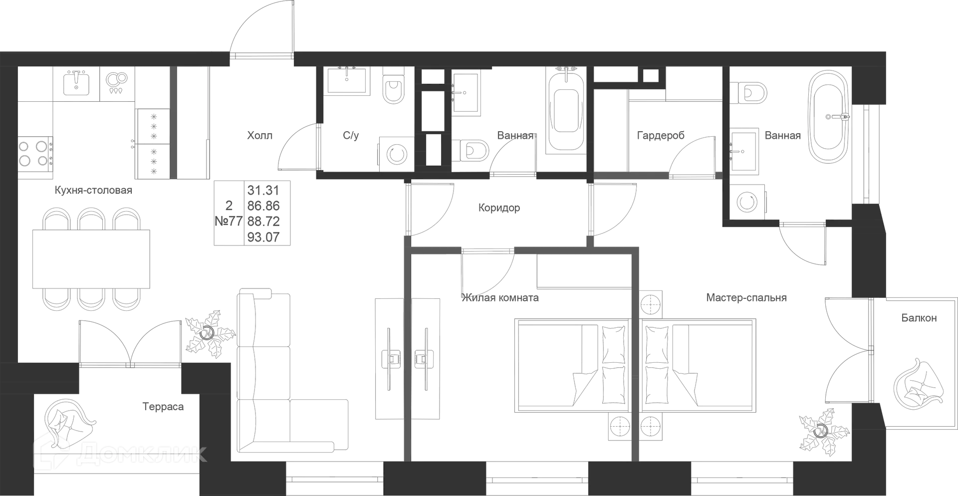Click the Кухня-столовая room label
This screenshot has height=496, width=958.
[x=94, y=191]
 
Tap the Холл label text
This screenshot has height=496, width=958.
[x=260, y=136]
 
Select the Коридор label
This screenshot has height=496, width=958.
[x=499, y=208]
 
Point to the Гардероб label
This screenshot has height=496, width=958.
[x=661, y=135]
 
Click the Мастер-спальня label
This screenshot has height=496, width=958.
[x=747, y=298]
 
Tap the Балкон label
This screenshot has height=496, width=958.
[x=919, y=317]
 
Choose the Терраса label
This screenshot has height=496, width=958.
[x=164, y=407]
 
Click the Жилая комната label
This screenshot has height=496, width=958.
[x=500, y=298]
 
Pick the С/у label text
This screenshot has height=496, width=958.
[x=350, y=136]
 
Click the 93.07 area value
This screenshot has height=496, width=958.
[x=263, y=237]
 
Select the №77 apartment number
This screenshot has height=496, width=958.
[x=229, y=221]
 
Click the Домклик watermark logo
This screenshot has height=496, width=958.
[x=120, y=453]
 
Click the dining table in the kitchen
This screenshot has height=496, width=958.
[x=92, y=257]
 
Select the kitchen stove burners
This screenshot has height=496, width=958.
[x=35, y=153]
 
